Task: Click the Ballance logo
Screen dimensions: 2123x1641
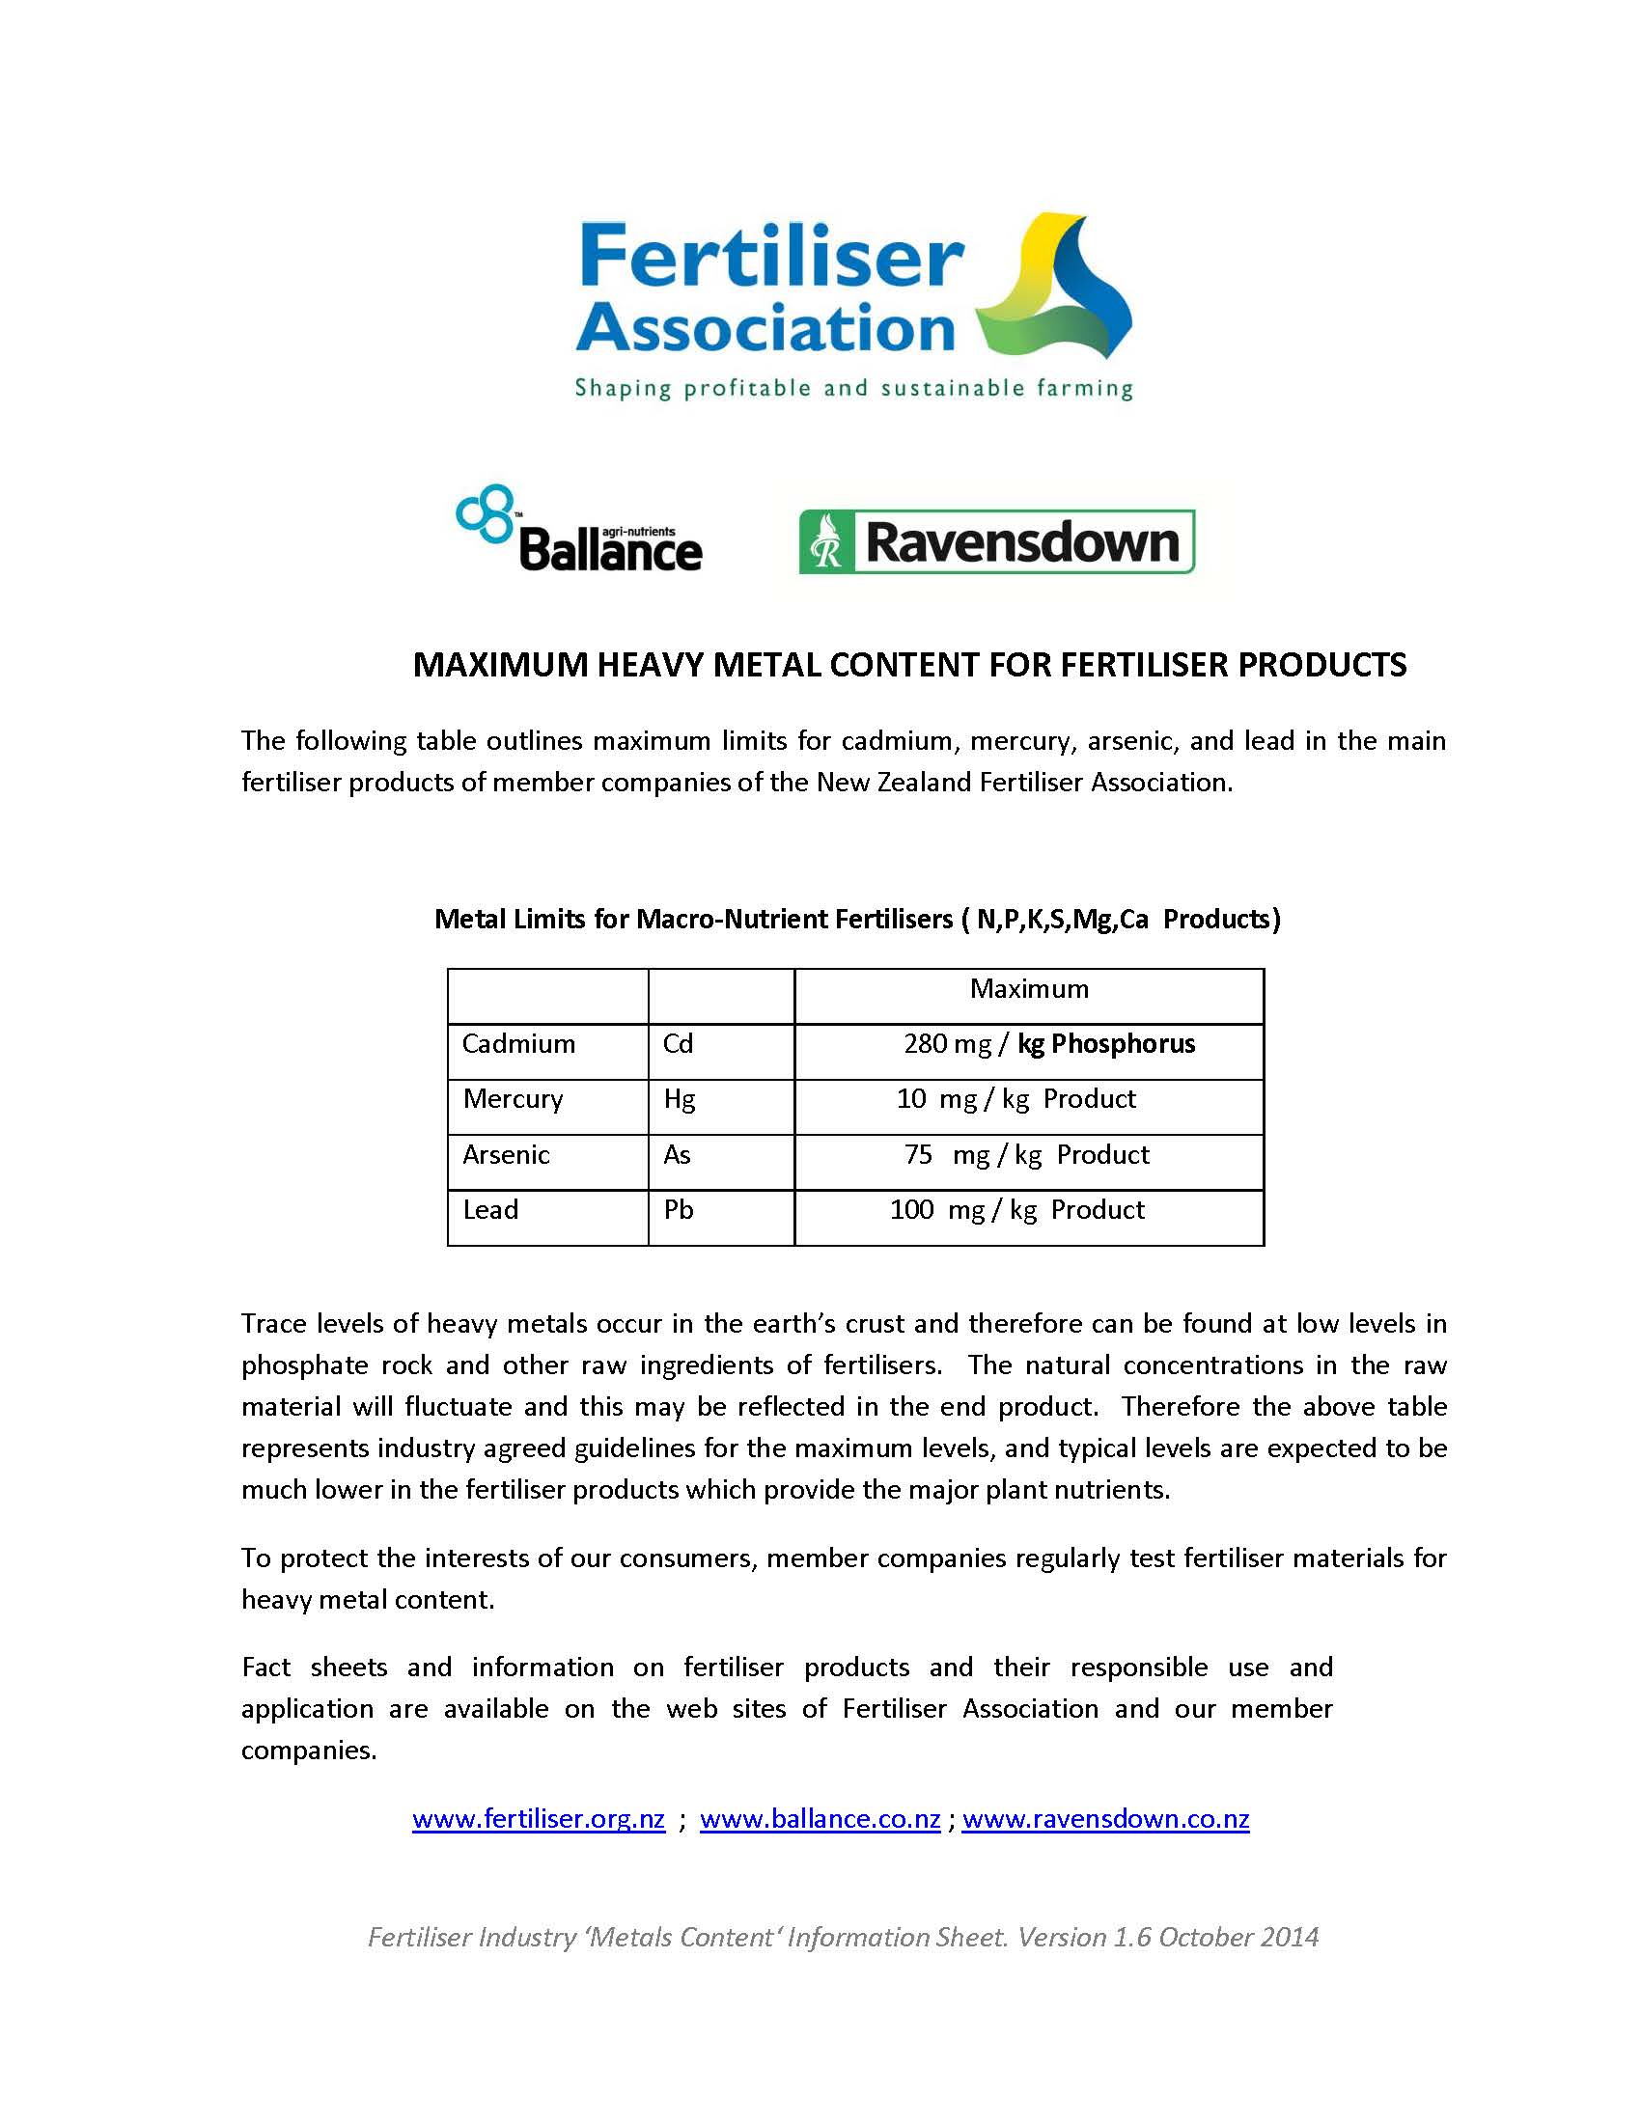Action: pyautogui.click(x=579, y=530)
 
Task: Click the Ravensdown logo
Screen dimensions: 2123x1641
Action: pyautogui.click(x=996, y=541)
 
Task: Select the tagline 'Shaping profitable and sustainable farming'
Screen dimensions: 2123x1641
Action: pyautogui.click(x=853, y=390)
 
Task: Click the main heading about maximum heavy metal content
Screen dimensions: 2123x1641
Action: pyautogui.click(x=909, y=665)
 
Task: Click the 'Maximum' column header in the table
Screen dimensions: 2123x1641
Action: pyautogui.click(x=1029, y=989)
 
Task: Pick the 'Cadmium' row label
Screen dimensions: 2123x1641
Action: pyautogui.click(x=518, y=1044)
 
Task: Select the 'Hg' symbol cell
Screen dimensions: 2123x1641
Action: pyautogui.click(x=680, y=1099)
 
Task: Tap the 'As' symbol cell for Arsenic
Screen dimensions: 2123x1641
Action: pyautogui.click(x=677, y=1155)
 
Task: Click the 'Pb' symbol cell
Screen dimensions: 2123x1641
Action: pyautogui.click(x=679, y=1210)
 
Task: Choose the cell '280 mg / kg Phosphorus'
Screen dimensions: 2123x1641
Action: pyautogui.click(x=1049, y=1044)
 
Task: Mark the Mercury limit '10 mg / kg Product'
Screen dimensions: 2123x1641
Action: pyautogui.click(x=1015, y=1099)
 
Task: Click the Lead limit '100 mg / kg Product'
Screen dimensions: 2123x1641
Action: pyautogui.click(x=1016, y=1210)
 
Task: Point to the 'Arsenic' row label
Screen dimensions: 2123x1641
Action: pyautogui.click(x=506, y=1155)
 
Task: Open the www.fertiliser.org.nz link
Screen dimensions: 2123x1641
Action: pyautogui.click(x=539, y=1819)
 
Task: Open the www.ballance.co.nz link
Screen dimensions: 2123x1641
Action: pyautogui.click(x=820, y=1819)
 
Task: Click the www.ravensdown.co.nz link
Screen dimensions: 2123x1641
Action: pyautogui.click(x=1105, y=1819)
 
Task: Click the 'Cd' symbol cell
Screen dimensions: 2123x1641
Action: pyautogui.click(x=678, y=1044)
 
